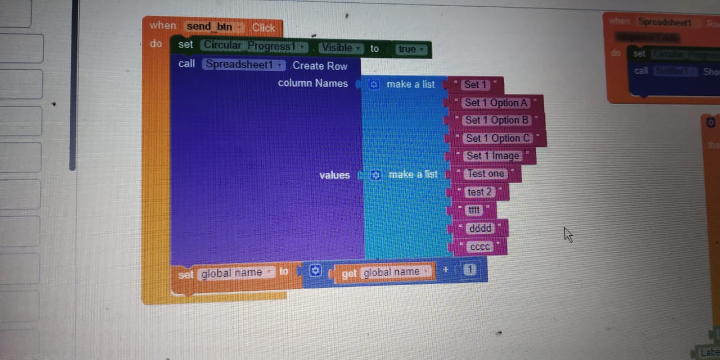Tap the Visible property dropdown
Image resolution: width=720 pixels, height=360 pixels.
coord(341,48)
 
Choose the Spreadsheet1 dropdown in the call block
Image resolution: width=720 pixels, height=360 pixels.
coord(244,64)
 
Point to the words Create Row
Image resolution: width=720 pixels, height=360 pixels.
coord(319,66)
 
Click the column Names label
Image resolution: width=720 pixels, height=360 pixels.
coord(313,83)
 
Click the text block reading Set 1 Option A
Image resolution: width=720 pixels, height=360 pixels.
coord(496,103)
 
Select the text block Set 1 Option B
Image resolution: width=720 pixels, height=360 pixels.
coord(497,120)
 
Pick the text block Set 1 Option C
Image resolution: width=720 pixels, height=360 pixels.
coord(497,138)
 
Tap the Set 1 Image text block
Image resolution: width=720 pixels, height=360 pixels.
coord(492,156)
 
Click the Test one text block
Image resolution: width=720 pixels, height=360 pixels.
coord(485,174)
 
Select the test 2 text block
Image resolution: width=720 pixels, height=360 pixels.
coord(479,192)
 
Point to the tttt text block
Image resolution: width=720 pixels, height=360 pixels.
coord(474,210)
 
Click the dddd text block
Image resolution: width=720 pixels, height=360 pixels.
coord(480,228)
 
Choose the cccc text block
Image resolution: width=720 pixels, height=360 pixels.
coord(479,246)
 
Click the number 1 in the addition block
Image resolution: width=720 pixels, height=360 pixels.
coord(470,271)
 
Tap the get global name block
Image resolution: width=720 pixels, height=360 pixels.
coord(385,272)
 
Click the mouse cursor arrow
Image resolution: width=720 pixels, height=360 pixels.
coord(568,234)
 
